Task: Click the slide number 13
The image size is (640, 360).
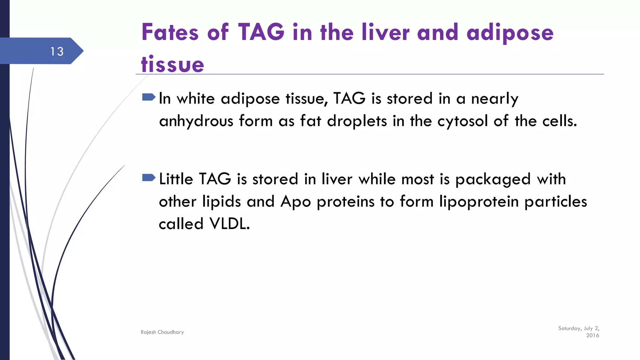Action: (x=57, y=52)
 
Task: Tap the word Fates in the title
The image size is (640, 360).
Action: (x=170, y=32)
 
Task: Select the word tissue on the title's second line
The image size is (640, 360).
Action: (x=172, y=64)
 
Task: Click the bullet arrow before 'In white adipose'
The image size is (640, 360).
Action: (x=148, y=97)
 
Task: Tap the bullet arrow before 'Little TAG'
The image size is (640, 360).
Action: (x=148, y=178)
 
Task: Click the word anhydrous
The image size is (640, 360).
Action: (x=196, y=121)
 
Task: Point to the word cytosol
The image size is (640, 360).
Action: (x=462, y=121)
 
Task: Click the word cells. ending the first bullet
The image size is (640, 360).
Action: (x=560, y=121)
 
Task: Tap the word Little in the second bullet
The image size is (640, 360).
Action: (x=176, y=179)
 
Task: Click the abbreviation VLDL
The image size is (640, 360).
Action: (x=230, y=224)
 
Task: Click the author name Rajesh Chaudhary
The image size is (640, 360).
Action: (x=162, y=332)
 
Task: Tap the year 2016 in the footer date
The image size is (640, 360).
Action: (x=592, y=336)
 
